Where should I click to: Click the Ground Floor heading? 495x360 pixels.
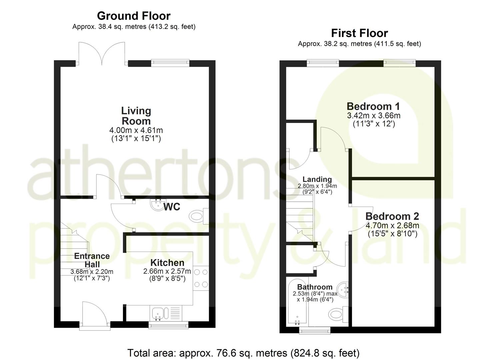pyautogui.click(x=134, y=16)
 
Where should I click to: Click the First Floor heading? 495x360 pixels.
pyautogui.click(x=359, y=33)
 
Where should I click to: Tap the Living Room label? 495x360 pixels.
pyautogui.click(x=136, y=116)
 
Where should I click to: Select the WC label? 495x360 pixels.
pyautogui.click(x=172, y=207)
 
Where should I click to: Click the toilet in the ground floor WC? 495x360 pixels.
pyautogui.click(x=198, y=216)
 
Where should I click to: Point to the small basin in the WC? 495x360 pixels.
pyautogui.click(x=157, y=205)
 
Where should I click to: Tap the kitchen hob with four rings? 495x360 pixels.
pyautogui.click(x=201, y=277)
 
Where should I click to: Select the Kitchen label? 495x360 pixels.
pyautogui.click(x=167, y=263)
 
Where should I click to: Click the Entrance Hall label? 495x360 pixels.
pyautogui.click(x=92, y=260)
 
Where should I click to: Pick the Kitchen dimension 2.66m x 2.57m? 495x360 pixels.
pyautogui.click(x=167, y=271)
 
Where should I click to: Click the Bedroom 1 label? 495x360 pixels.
pyautogui.click(x=373, y=106)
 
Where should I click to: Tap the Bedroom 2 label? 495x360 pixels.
pyautogui.click(x=392, y=216)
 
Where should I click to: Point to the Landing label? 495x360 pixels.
pyautogui.click(x=317, y=179)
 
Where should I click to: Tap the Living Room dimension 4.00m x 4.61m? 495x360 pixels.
pyautogui.click(x=136, y=130)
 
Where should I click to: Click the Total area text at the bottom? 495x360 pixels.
pyautogui.click(x=243, y=353)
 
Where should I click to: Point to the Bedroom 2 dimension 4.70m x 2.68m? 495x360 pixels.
pyautogui.click(x=392, y=226)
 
